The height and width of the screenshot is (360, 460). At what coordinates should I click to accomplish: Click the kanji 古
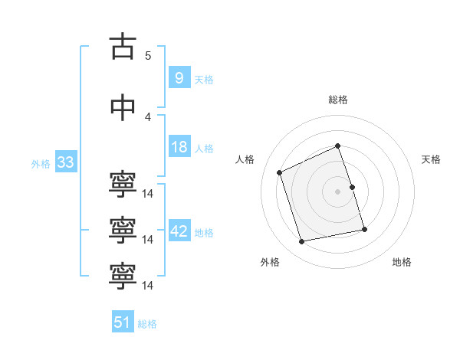[123, 47]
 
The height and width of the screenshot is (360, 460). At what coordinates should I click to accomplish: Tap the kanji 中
[123, 108]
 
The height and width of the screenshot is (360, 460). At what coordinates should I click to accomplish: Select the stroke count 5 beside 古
[148, 55]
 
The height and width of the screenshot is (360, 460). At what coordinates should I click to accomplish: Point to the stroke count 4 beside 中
[148, 116]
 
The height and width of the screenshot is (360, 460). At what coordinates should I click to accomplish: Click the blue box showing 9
[179, 78]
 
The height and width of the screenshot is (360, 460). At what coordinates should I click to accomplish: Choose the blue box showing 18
[179, 147]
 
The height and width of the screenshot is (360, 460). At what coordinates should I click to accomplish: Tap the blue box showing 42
[179, 231]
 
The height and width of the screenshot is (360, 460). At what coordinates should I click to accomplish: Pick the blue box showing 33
[65, 162]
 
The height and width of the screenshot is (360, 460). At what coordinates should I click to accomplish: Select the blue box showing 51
[122, 322]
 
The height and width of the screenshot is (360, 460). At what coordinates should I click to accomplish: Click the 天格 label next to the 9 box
[204, 80]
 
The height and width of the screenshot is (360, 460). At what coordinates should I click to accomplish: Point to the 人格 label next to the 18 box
[204, 149]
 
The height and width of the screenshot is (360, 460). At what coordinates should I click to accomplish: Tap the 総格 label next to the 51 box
[147, 324]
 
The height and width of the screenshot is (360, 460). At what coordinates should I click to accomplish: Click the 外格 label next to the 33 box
[41, 164]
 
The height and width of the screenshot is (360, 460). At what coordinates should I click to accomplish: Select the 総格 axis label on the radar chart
[337, 100]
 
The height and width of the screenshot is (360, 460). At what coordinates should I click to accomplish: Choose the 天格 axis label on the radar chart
[432, 159]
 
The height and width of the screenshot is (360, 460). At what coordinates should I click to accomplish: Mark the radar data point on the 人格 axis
[280, 172]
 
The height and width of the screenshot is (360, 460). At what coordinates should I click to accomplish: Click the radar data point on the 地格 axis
[364, 229]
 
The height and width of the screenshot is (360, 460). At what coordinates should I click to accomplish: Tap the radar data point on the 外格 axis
[302, 241]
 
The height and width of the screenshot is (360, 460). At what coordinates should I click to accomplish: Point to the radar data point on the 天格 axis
[352, 186]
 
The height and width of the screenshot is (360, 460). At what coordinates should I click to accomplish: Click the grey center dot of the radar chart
[337, 191]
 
